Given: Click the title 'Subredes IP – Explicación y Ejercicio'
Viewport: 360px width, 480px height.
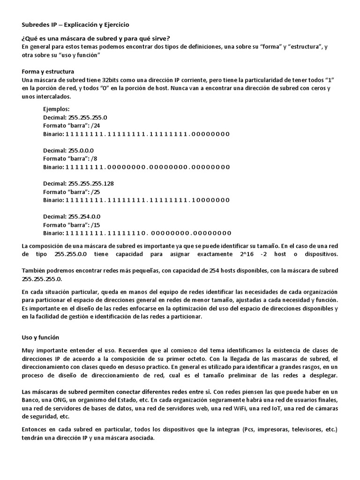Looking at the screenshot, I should (75, 24).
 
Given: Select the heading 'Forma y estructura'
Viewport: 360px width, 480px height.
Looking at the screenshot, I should (48, 72).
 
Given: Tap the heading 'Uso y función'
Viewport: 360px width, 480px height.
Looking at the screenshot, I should (41, 337).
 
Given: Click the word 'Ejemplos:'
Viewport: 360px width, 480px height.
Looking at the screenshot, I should (56, 109).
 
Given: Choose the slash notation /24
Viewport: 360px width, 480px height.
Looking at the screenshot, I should (96, 126).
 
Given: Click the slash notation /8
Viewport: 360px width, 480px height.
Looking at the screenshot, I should (95, 158).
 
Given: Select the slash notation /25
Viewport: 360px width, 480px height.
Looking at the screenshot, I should (96, 192).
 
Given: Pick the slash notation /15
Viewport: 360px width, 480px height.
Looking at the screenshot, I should (96, 225).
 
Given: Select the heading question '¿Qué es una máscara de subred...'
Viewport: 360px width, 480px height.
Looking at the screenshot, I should (96, 38).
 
